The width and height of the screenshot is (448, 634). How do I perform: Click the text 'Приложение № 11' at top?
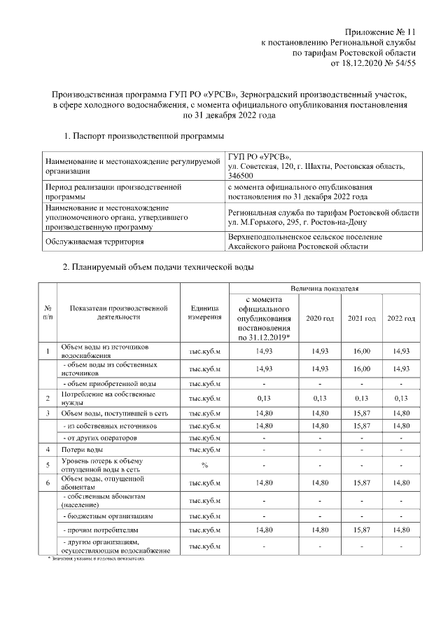381,32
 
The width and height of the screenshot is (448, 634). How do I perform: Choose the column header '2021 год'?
362,318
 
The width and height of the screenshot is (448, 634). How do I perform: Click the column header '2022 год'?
401,318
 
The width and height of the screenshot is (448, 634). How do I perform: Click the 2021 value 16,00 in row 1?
362,350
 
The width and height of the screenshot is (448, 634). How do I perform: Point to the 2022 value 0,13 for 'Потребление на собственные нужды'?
401,399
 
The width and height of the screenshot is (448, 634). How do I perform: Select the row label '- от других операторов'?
101,437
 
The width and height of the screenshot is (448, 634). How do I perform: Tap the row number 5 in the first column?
48,465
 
